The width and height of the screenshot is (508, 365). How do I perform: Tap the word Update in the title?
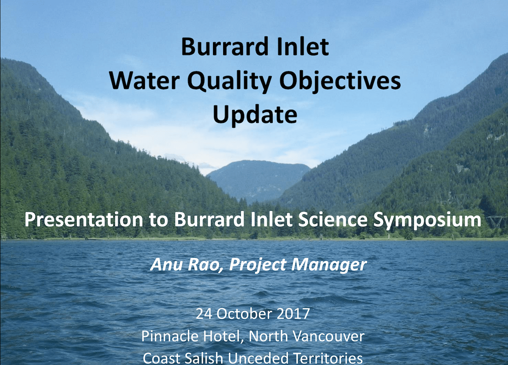click(x=255, y=115)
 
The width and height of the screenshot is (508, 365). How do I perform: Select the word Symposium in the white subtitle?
click(x=427, y=220)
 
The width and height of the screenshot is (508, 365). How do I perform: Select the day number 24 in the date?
click(x=204, y=314)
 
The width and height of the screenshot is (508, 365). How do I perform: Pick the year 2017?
click(x=293, y=314)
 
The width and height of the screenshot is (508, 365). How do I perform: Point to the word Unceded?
click(x=258, y=358)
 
